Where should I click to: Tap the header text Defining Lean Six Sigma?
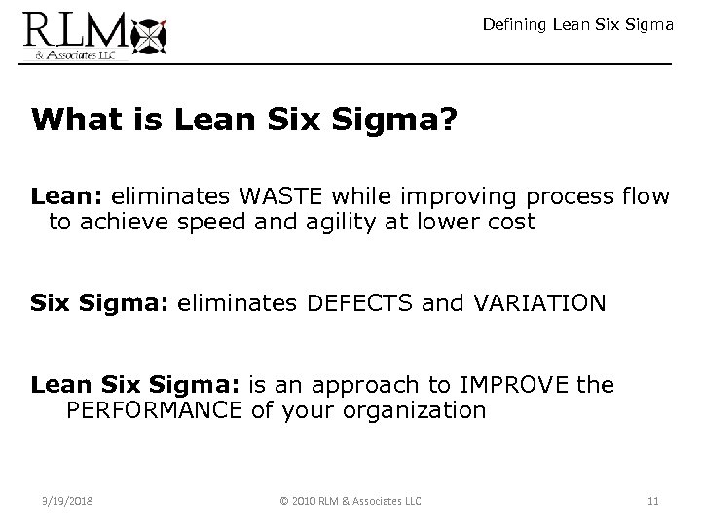tap(577, 25)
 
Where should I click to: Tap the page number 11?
tap(652, 501)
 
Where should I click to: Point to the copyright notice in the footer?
tap(350, 501)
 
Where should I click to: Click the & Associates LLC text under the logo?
tap(67, 55)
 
